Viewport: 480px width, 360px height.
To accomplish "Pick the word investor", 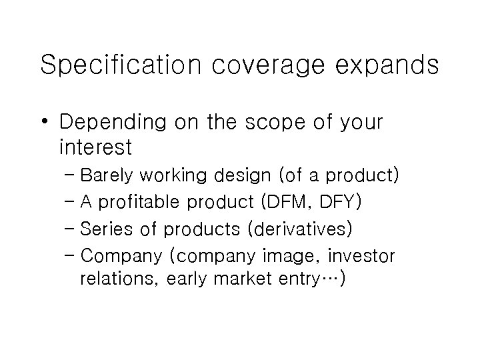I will coord(364,255).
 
